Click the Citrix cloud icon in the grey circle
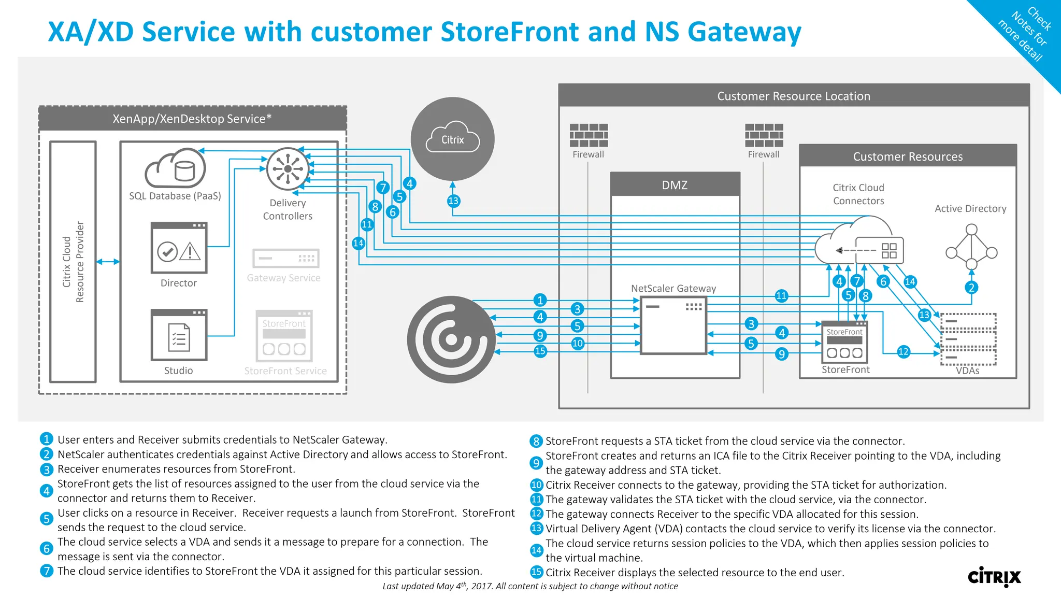[x=452, y=138]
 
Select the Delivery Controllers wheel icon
[x=288, y=169]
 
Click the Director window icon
[x=179, y=248]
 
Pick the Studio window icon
[x=179, y=335]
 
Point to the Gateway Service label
[x=283, y=278]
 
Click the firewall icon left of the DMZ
[x=589, y=135]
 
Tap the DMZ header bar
[x=675, y=185]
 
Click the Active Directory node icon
[x=971, y=247]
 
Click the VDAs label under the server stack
[x=967, y=371]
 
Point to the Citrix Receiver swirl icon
[x=451, y=339]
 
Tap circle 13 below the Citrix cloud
[x=453, y=201]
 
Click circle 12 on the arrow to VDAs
[x=904, y=352]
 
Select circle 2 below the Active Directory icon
[x=971, y=288]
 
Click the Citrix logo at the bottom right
[x=994, y=577]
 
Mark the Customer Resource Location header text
[x=793, y=96]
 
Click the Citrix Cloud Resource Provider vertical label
[x=73, y=262]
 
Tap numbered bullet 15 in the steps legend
[x=536, y=572]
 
